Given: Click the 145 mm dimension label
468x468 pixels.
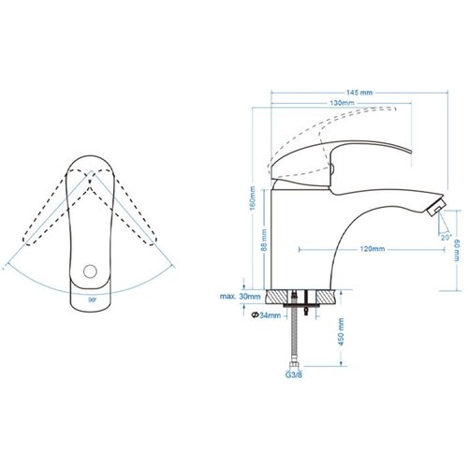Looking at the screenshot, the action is pyautogui.click(x=359, y=93).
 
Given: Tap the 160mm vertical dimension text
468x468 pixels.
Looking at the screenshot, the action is pyautogui.click(x=253, y=198).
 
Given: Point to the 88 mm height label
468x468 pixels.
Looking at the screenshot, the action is pyautogui.click(x=264, y=240).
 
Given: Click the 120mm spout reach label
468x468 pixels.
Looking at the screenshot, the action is pyautogui.click(x=373, y=249).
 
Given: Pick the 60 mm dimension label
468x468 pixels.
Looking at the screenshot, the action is pyautogui.click(x=457, y=250).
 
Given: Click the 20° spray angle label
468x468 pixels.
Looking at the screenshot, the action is pyautogui.click(x=446, y=237).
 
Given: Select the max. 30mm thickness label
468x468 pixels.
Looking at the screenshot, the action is pyautogui.click(x=240, y=296).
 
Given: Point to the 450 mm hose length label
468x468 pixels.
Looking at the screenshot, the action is pyautogui.click(x=341, y=331).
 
